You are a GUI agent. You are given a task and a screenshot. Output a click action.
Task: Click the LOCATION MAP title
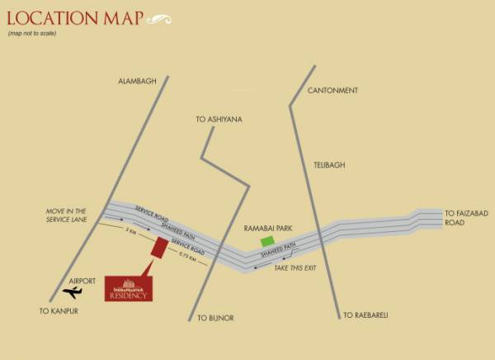click(x=74, y=17)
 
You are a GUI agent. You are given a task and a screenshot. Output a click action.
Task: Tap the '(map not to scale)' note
click(x=34, y=33)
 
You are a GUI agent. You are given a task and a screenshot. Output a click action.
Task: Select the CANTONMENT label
click(x=332, y=89)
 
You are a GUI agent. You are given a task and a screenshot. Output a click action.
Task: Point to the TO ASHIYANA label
click(x=219, y=120)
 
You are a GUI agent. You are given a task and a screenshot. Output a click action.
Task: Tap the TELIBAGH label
click(x=329, y=165)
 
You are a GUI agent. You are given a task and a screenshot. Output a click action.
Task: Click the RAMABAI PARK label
click(x=264, y=225)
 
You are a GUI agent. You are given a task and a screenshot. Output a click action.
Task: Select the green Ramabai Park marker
click(x=267, y=241)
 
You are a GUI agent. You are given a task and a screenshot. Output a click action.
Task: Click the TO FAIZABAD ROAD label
click(x=466, y=216)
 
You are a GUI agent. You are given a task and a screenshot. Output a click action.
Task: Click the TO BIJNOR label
click(x=215, y=317)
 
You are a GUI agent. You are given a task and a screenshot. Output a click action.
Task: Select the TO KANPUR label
click(x=59, y=310)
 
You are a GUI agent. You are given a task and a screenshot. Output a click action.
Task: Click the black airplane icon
click(x=73, y=292)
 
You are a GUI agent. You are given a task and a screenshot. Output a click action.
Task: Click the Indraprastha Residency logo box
click(x=127, y=289)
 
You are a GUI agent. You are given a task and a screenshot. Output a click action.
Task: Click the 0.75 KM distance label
click(x=186, y=258)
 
